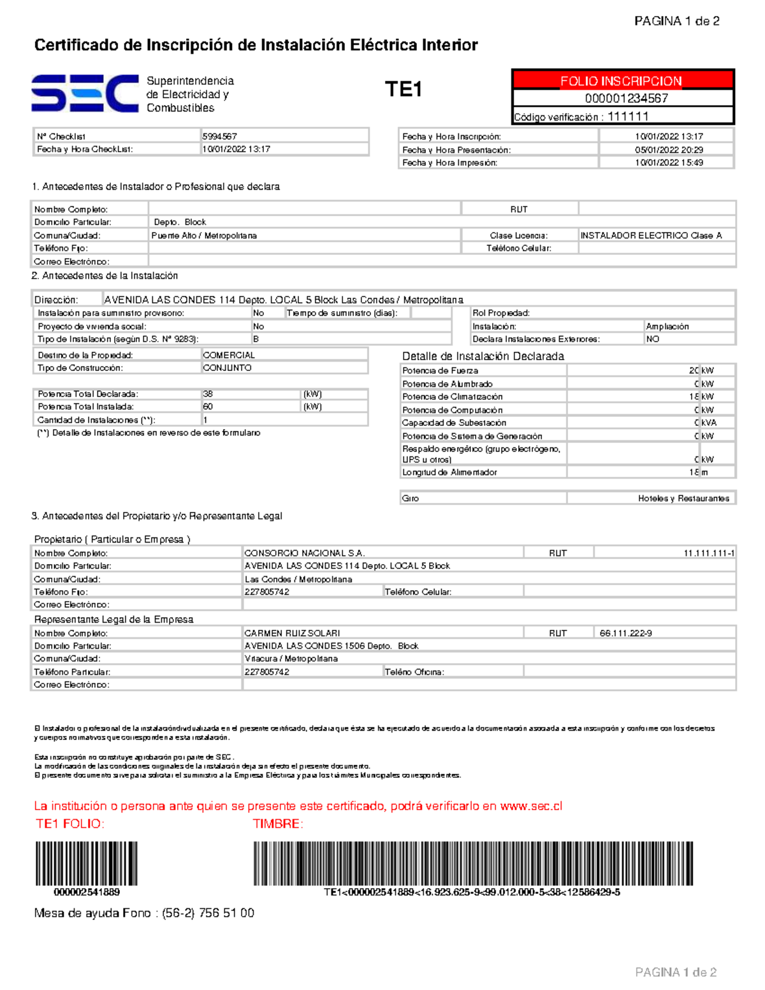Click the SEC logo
[x=85, y=93]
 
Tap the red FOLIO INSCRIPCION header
[x=621, y=81]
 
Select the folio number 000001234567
[x=626, y=98]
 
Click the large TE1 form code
[x=403, y=90]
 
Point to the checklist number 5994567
[x=219, y=136]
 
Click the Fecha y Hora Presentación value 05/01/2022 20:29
[x=669, y=150]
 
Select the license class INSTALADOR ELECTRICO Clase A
[x=651, y=235]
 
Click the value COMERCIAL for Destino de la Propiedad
[x=228, y=355]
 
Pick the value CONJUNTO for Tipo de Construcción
[x=227, y=368]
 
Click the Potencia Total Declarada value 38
[x=208, y=394]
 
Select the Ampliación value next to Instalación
[x=667, y=326]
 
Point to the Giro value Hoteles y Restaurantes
[x=683, y=499]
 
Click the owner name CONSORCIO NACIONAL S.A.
[x=304, y=553]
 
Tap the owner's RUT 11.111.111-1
[x=708, y=553]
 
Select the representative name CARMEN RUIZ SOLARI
[x=292, y=633]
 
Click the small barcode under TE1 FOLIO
[x=86, y=863]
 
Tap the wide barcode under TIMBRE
[x=473, y=863]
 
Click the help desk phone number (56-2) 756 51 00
[x=208, y=913]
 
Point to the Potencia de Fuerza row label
[x=440, y=370]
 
